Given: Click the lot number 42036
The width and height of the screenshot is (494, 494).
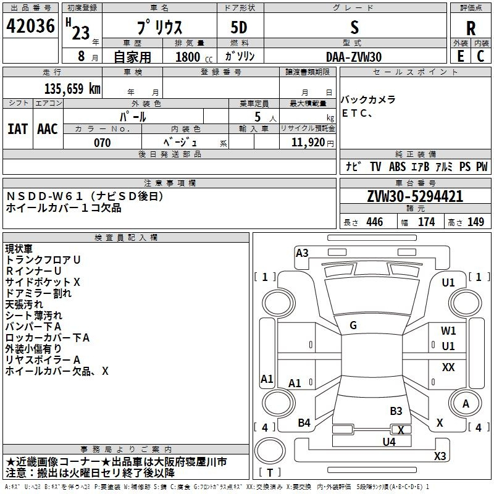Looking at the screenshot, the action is coord(30,26).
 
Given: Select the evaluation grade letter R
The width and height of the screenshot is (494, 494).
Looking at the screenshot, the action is coord(471,28).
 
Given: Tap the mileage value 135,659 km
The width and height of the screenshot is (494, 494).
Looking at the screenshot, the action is coord(72,88).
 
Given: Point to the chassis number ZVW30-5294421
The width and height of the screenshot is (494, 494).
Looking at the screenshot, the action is coord(415,196).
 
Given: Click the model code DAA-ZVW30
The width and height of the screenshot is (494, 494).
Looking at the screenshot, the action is coord(354,57).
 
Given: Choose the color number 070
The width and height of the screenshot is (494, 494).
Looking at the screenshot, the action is coord(103,143).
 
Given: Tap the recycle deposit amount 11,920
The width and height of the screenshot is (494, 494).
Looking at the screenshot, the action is coord(308,143).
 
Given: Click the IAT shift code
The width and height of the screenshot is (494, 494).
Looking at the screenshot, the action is coord(18,129).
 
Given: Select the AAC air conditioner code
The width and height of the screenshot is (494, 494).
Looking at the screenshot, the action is coord(48,129).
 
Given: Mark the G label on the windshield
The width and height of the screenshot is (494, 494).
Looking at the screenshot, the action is coord(353,325).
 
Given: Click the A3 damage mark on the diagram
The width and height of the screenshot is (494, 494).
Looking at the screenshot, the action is coord(302,253).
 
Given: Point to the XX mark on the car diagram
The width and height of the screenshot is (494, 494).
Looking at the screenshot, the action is coord(448,367).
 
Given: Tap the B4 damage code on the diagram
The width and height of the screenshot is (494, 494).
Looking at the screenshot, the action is coord(304,423).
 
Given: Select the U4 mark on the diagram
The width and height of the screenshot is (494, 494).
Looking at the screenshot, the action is coord(389,442).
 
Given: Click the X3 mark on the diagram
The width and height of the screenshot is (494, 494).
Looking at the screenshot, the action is coord(440,456).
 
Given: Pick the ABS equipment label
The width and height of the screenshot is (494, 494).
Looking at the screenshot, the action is coord(397,167).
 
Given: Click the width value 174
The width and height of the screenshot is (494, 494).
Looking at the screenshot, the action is coord(427,222).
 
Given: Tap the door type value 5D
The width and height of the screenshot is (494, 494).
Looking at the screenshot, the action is coord(239,28).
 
